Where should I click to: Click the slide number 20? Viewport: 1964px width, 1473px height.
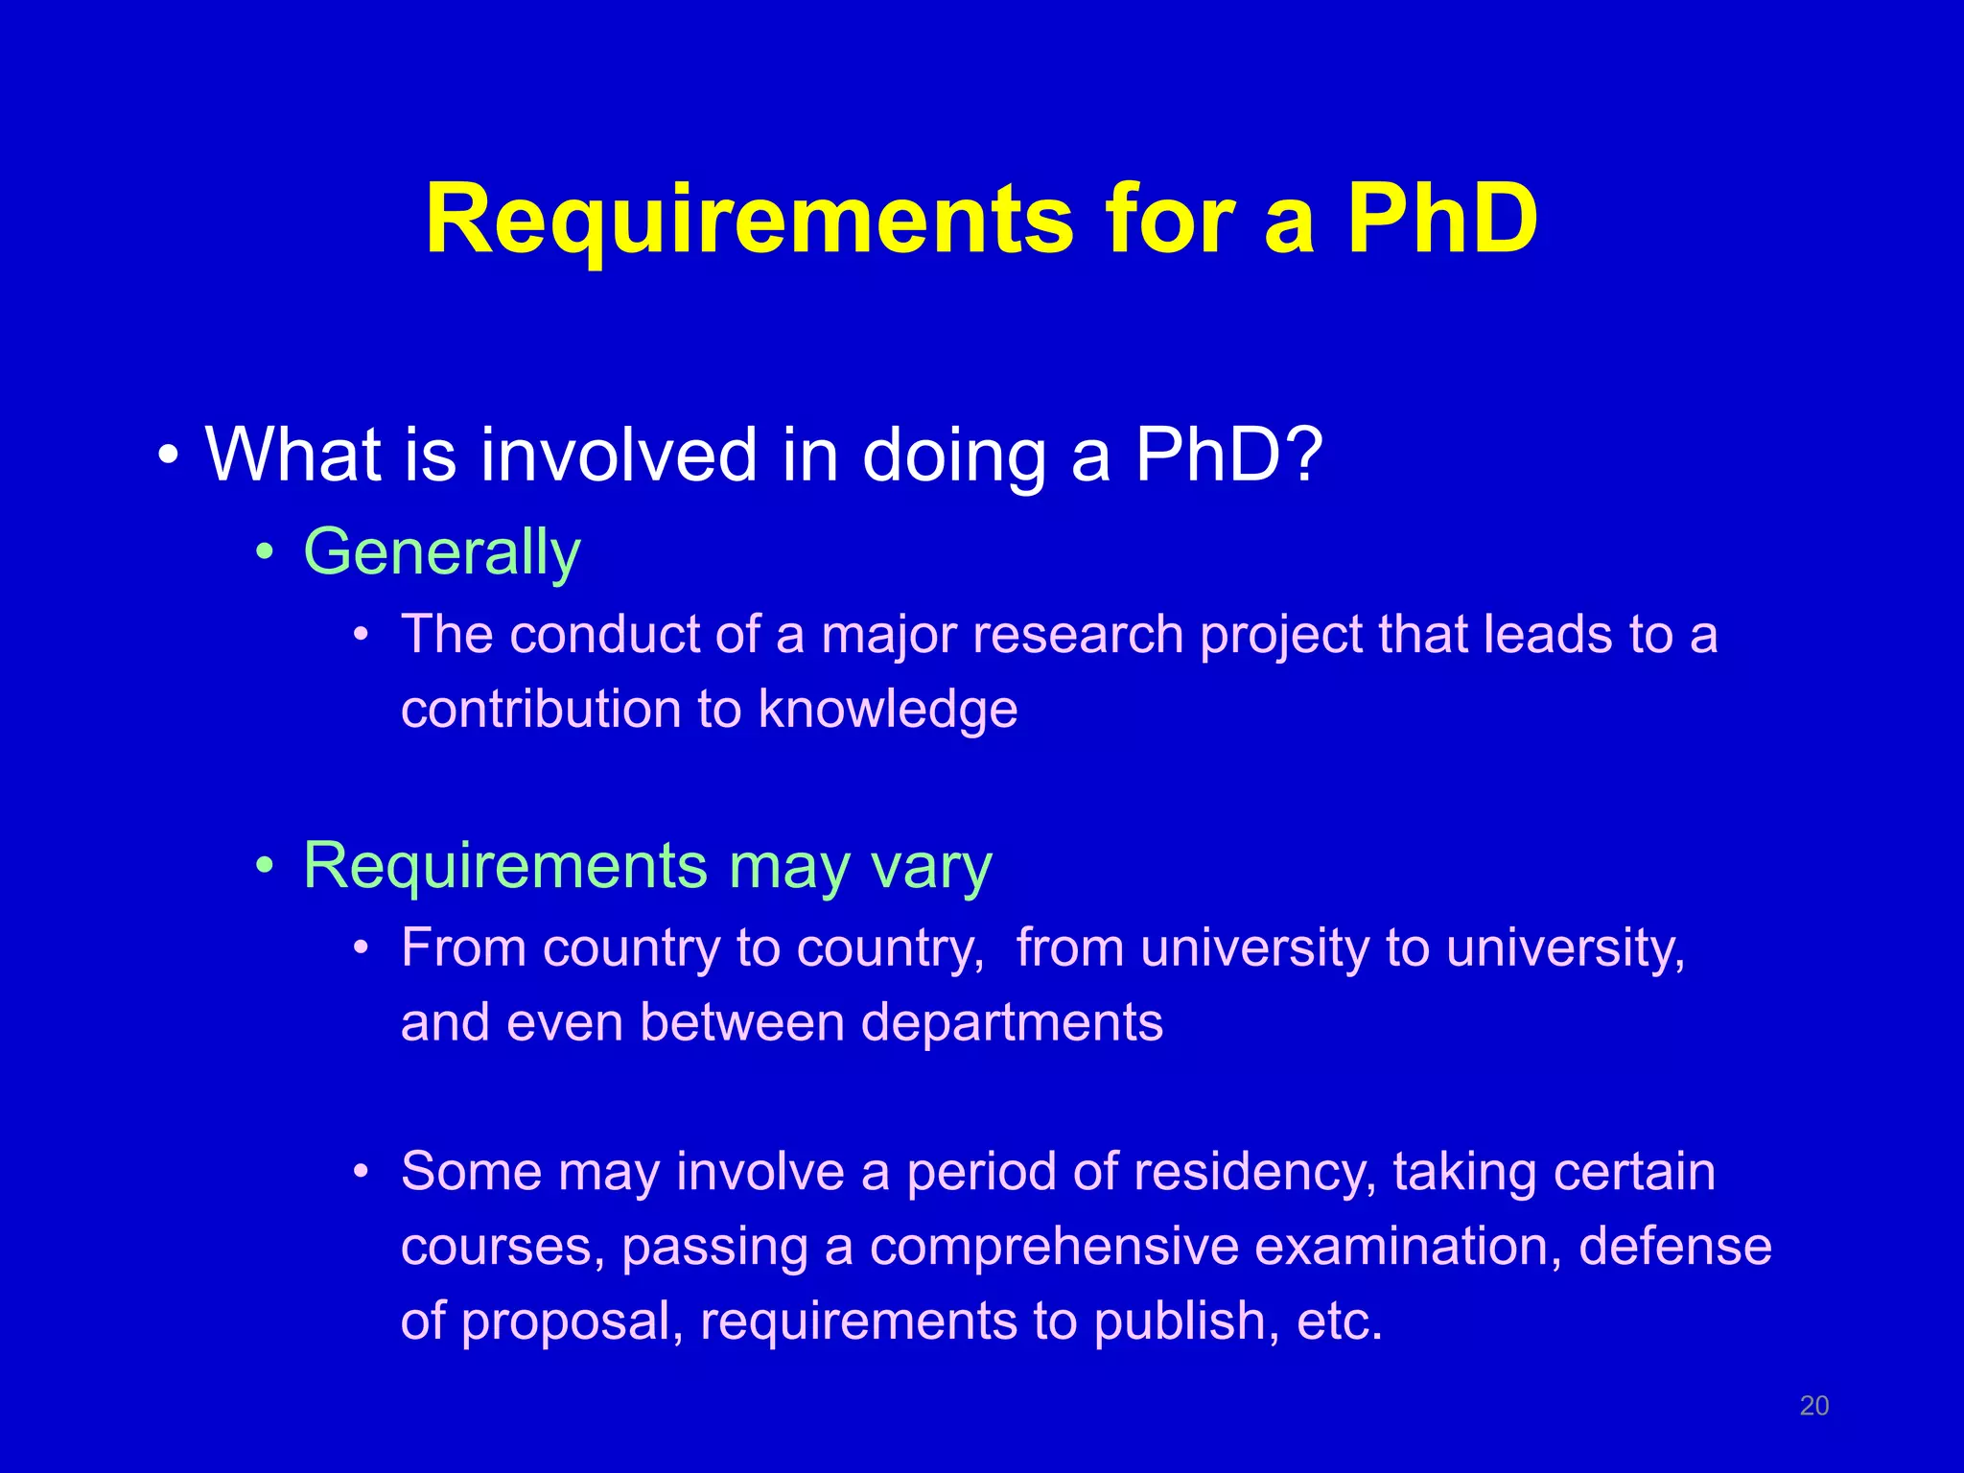click(x=1813, y=1406)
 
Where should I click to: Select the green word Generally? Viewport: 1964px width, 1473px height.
click(x=442, y=553)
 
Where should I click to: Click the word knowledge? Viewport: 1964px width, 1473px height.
click(x=887, y=710)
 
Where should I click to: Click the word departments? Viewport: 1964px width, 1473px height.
click(x=1012, y=1022)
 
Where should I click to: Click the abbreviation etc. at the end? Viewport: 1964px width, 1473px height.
click(x=1339, y=1321)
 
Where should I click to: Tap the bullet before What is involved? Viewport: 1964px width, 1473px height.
click(x=169, y=456)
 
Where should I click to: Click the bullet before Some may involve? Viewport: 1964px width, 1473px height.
click(x=361, y=1173)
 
